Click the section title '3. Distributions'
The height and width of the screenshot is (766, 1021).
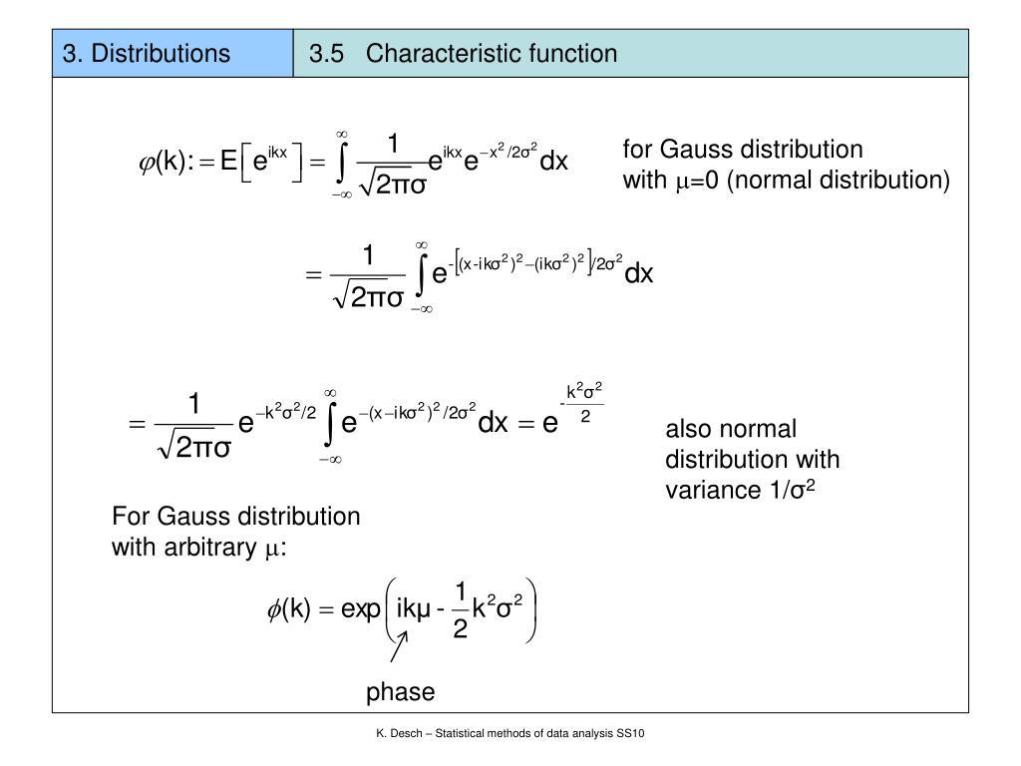(x=147, y=53)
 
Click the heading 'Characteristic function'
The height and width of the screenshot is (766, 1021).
(x=492, y=53)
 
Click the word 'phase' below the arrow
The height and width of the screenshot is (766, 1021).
(x=401, y=692)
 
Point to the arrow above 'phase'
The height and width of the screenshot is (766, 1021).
(x=398, y=650)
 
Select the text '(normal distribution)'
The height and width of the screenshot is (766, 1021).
(x=838, y=181)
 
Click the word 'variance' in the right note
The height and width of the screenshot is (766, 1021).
(x=709, y=491)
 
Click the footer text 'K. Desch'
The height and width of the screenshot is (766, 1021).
(x=398, y=734)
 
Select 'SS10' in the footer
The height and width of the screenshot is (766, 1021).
(x=632, y=734)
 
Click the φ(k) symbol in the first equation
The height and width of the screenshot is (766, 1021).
(x=166, y=162)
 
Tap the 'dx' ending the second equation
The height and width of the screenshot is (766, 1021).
(x=639, y=272)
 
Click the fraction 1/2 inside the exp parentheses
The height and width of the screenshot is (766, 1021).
(x=460, y=610)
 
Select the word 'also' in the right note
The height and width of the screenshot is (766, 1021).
(x=687, y=429)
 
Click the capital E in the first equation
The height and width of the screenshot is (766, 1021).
(x=228, y=162)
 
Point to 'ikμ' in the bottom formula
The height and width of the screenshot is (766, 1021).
(x=413, y=609)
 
